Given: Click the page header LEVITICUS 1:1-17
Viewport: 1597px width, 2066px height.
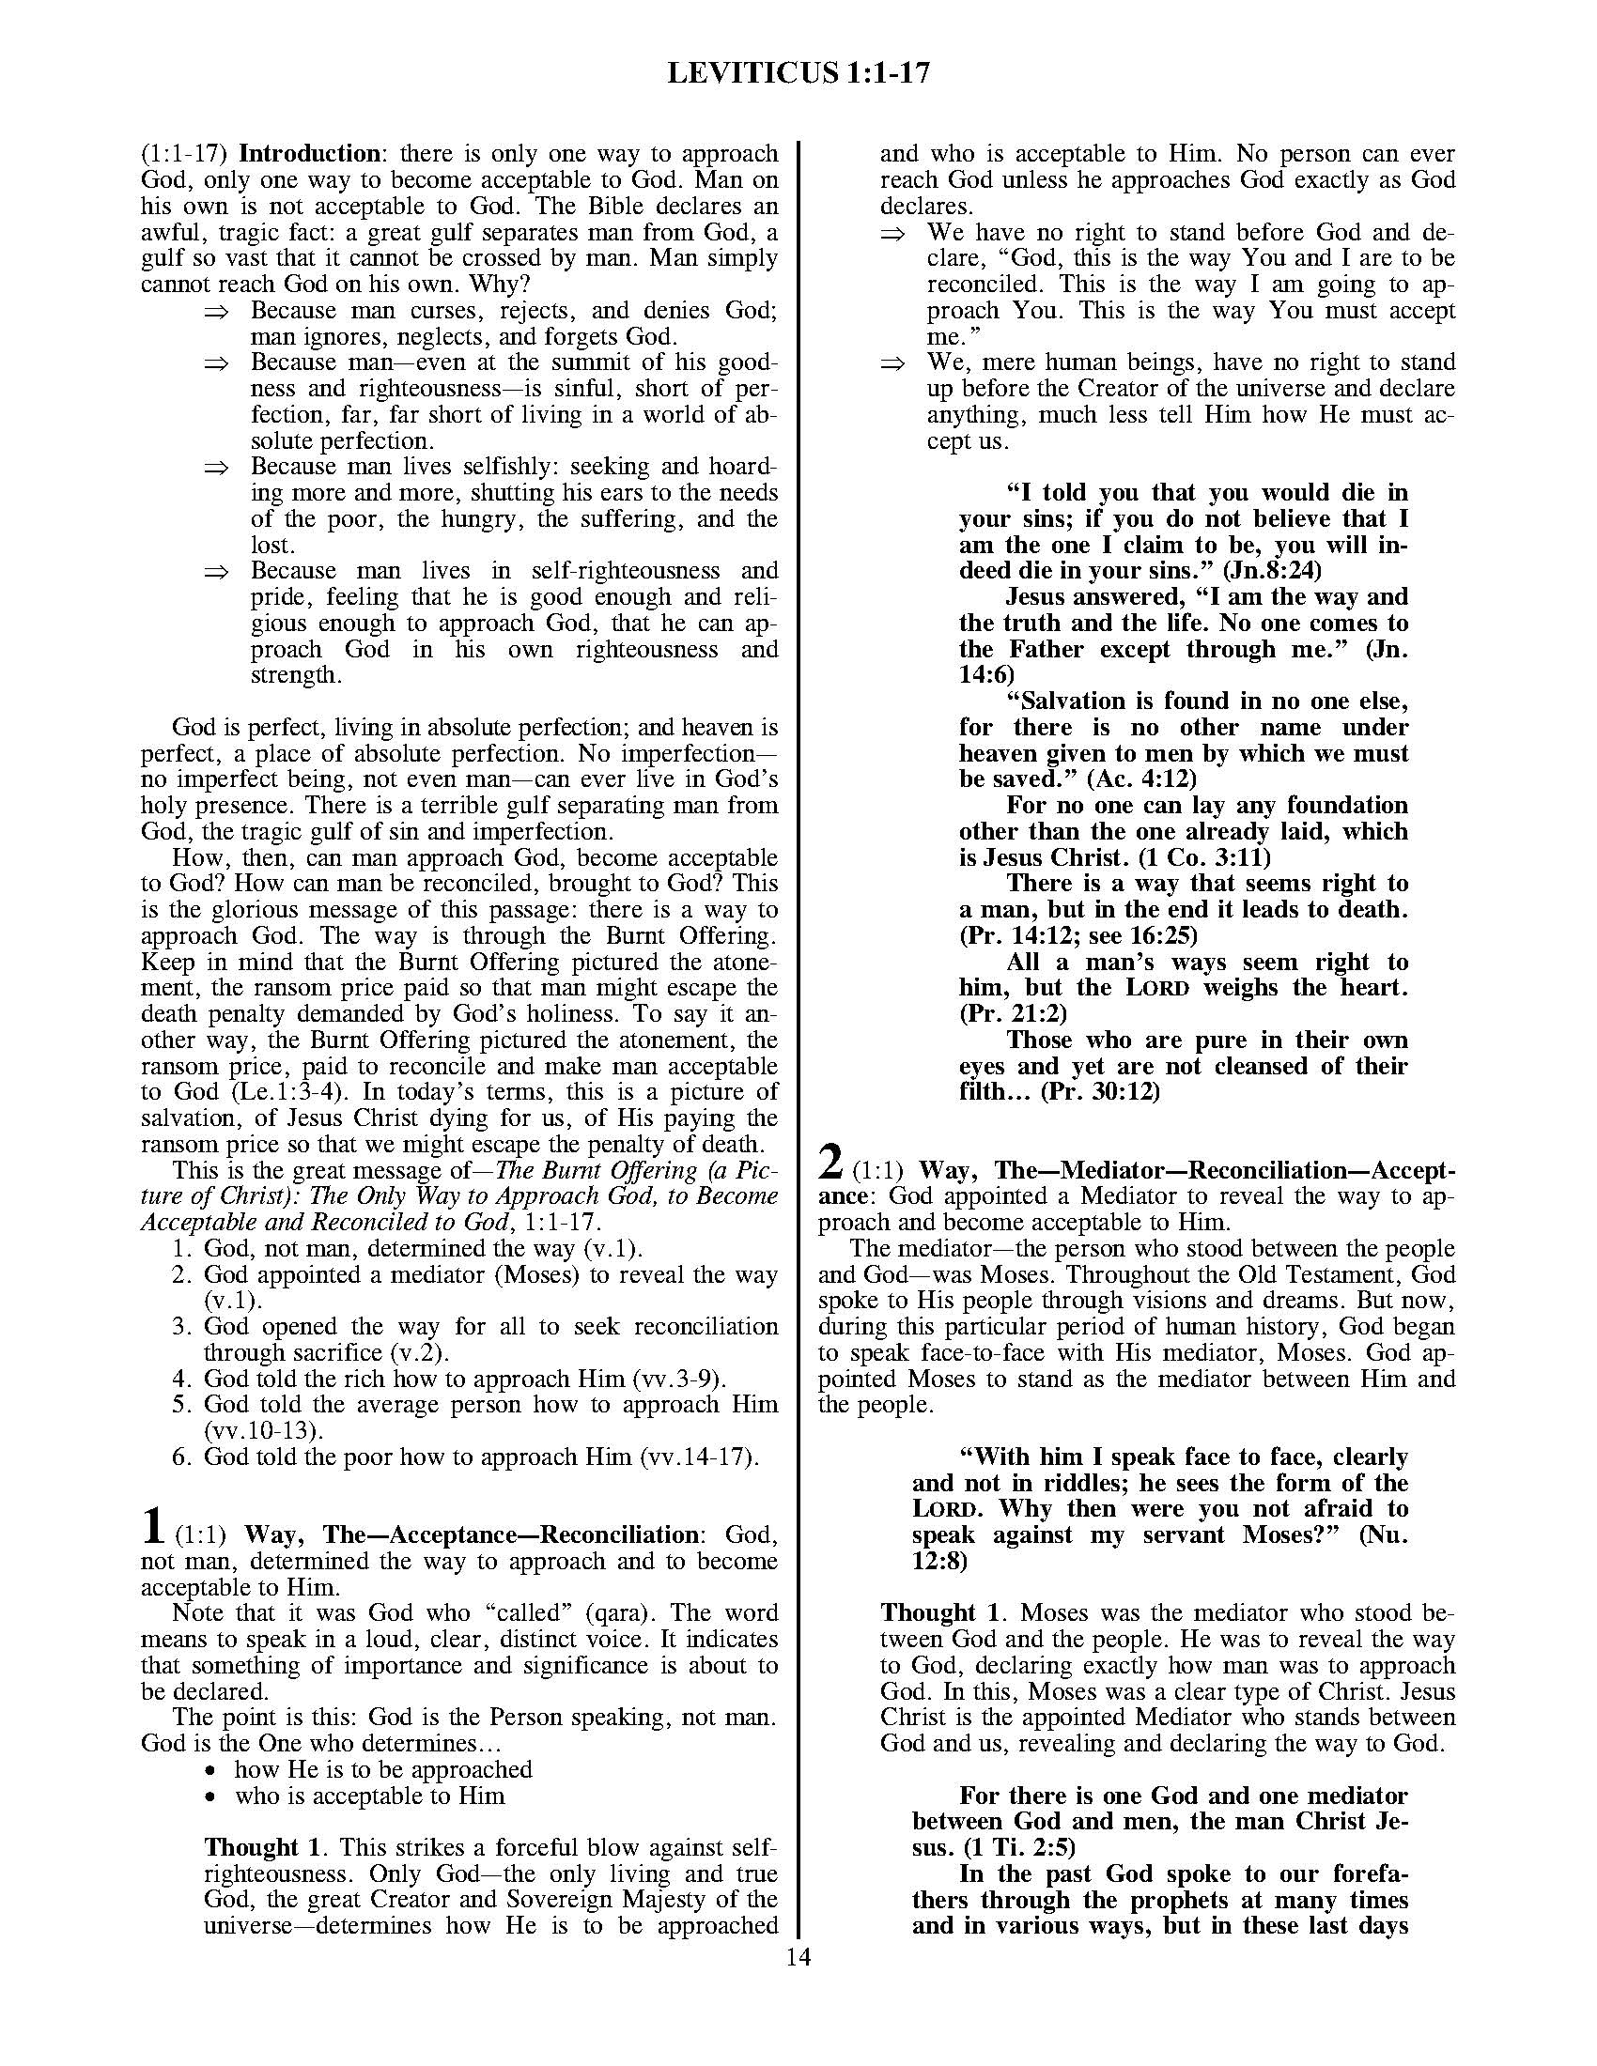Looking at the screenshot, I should coord(798,73).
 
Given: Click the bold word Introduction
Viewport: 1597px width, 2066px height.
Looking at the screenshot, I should coord(309,153).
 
